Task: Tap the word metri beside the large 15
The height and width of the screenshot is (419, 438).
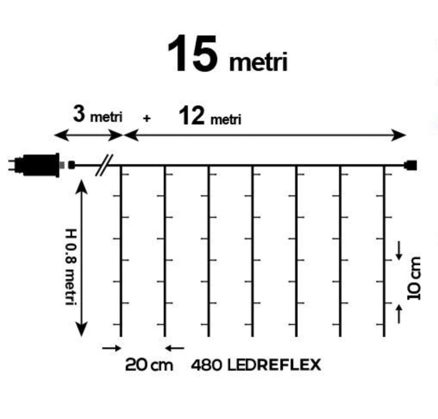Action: [x=258, y=62]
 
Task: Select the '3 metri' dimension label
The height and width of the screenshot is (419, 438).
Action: [x=98, y=114]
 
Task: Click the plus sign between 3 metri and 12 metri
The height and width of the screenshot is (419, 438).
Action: [x=147, y=118]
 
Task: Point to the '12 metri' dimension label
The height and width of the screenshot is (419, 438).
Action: [x=210, y=116]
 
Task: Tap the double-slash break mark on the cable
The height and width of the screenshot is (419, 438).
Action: [x=104, y=165]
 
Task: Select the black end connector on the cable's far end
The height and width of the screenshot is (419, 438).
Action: [x=410, y=165]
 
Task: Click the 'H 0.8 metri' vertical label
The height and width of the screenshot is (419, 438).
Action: [x=71, y=266]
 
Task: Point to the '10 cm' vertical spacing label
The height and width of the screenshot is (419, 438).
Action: [x=414, y=278]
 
